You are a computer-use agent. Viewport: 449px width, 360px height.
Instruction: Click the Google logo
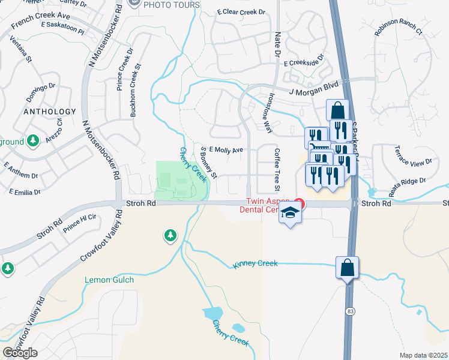(20, 353)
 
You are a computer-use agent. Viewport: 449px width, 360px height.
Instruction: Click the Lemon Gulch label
(109, 280)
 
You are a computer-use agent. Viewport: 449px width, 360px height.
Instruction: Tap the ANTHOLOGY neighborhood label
(50, 112)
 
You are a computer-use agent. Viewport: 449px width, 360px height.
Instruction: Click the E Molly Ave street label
(226, 150)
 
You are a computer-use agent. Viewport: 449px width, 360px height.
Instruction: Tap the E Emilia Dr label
(25, 192)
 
